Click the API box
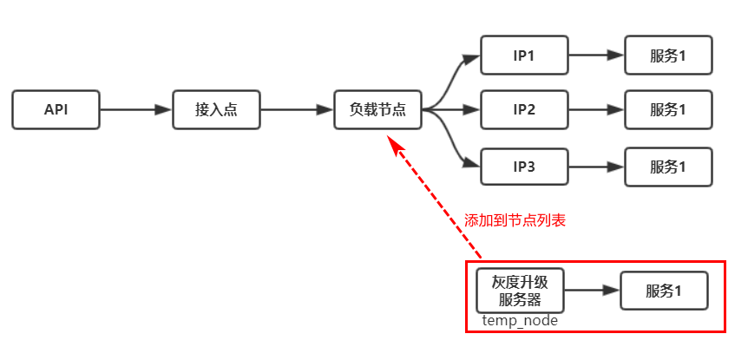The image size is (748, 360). point(56,110)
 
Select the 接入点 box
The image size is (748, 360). point(216,110)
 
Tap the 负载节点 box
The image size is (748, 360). point(377,110)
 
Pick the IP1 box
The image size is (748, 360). point(524,56)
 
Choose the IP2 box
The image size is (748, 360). point(524,110)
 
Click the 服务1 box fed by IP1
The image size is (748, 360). point(668,56)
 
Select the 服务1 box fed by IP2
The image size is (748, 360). point(668,110)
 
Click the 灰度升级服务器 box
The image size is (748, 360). point(521,290)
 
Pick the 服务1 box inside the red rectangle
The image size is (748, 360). point(664,291)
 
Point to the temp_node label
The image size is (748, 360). point(521,321)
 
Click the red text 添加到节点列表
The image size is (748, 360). point(515,220)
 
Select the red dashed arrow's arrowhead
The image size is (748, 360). point(396,145)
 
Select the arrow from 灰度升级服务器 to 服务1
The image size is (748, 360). point(592,291)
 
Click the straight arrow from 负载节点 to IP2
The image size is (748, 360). point(456,110)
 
